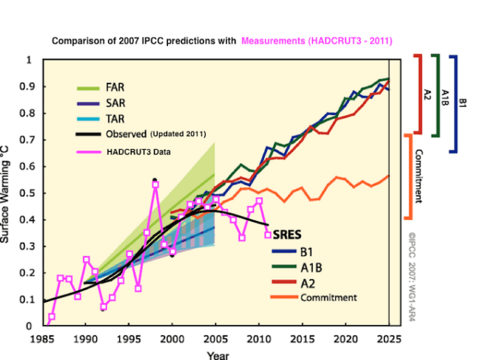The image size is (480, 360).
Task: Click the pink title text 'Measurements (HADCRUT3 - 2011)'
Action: click(320, 41)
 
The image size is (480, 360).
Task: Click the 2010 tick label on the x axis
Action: click(258, 340)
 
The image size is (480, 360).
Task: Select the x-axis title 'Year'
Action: click(216, 355)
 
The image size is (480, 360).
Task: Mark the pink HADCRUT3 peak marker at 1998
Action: click(156, 184)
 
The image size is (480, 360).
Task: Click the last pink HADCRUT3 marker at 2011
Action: click(268, 235)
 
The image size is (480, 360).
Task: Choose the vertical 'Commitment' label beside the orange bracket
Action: click(419, 175)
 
